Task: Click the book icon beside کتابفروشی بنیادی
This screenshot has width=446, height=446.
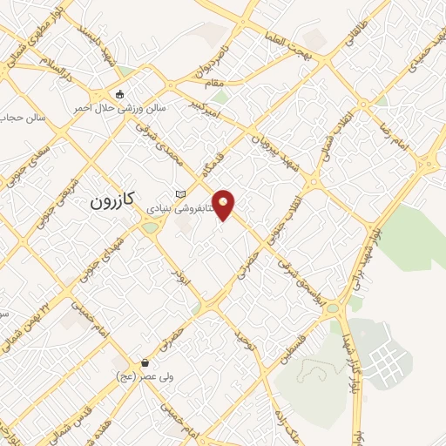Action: coord(180,193)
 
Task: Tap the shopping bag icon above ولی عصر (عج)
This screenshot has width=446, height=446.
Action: coord(144,362)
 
